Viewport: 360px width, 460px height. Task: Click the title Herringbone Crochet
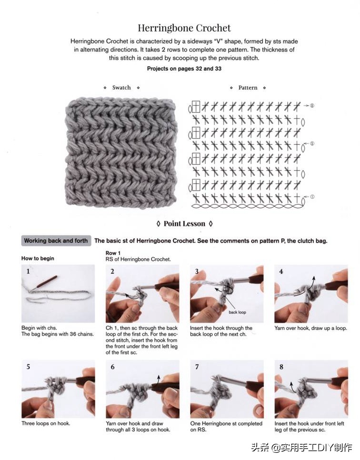tap(184, 28)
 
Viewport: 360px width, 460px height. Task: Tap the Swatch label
tap(121, 88)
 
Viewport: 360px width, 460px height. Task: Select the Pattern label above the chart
tap(248, 88)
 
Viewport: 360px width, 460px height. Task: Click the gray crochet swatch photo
tap(120, 153)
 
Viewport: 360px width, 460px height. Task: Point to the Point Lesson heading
tap(184, 223)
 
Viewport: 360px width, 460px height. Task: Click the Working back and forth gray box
tap(56, 241)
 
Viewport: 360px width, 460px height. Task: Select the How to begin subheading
tap(38, 259)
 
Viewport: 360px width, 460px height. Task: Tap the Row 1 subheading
tap(113, 253)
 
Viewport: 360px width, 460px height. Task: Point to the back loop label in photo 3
tap(237, 312)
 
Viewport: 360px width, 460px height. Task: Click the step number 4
tap(281, 271)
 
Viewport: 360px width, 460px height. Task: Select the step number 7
tap(197, 367)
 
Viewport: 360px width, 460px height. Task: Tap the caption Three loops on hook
tap(46, 423)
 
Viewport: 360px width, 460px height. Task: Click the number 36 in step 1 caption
tap(73, 334)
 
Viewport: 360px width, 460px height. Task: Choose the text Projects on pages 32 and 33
tap(184, 69)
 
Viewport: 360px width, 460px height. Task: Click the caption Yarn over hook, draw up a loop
tap(310, 328)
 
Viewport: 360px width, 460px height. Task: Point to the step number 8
tap(281, 367)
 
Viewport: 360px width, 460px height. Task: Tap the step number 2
tap(112, 271)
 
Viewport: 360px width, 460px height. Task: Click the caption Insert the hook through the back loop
tap(221, 331)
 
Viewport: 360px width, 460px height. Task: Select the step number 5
tap(28, 367)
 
